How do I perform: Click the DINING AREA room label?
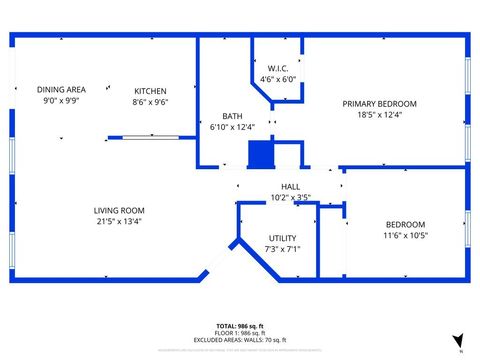coord(61,89)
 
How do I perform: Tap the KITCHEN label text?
coord(150,91)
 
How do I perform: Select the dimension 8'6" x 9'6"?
coord(150,102)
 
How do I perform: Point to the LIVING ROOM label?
coord(120,210)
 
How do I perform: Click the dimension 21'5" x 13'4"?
coord(120,221)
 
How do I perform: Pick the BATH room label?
coord(232,116)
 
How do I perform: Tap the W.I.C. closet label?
coord(278,68)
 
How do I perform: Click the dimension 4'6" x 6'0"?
coord(278,79)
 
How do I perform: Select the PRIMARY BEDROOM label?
coord(379,103)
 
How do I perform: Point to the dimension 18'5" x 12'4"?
coord(379,115)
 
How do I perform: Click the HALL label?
coord(290,187)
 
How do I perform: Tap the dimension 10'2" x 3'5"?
coord(290,197)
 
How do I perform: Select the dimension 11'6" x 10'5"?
coord(405,236)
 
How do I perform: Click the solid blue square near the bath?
coord(260,155)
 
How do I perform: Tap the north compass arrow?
coord(457,340)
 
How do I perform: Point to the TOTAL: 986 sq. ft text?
coord(240,327)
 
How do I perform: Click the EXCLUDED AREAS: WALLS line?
coord(240,341)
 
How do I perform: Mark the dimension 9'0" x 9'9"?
coord(61,101)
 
